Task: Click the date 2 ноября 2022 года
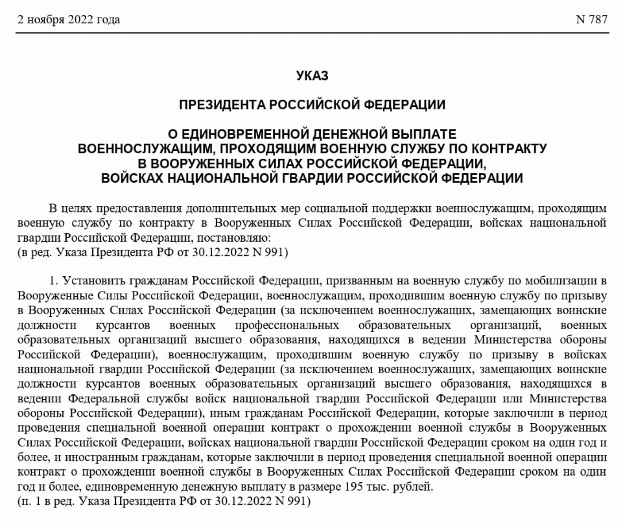68,19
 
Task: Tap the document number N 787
591,19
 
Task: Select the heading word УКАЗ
312,76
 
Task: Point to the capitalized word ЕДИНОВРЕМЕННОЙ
246,134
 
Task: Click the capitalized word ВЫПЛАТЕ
421,134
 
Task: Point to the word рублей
413,487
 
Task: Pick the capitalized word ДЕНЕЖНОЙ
349,134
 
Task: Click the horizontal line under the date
311,32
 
